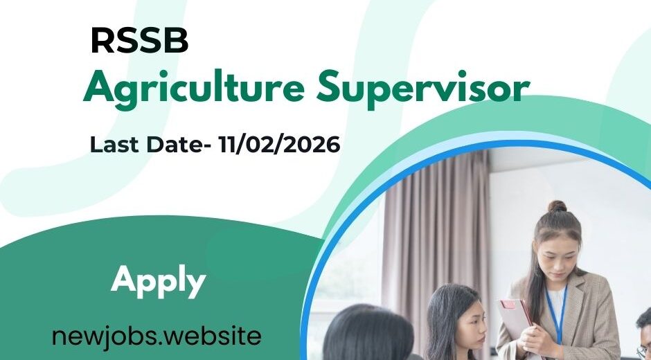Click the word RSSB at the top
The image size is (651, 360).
tap(139, 42)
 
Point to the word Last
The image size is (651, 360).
tap(112, 145)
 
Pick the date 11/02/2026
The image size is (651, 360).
tap(278, 145)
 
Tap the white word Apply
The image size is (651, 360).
tap(159, 280)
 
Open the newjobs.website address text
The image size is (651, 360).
tap(157, 336)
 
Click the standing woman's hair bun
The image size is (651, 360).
tap(556, 206)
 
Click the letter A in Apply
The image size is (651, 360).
tap(123, 280)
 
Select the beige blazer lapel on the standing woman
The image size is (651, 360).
tap(582, 305)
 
